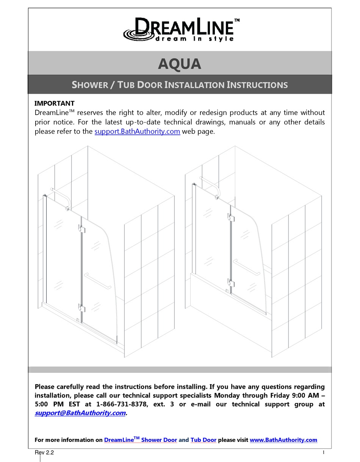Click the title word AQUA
179,64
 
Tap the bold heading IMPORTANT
55,103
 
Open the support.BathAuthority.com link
137,132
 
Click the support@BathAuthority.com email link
80,413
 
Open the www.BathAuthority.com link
283,440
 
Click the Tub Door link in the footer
203,440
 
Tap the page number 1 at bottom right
324,452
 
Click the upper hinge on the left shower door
82,229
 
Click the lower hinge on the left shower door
82,308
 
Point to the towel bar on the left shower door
97,281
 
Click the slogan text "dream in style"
194,39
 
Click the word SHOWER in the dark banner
90,85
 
